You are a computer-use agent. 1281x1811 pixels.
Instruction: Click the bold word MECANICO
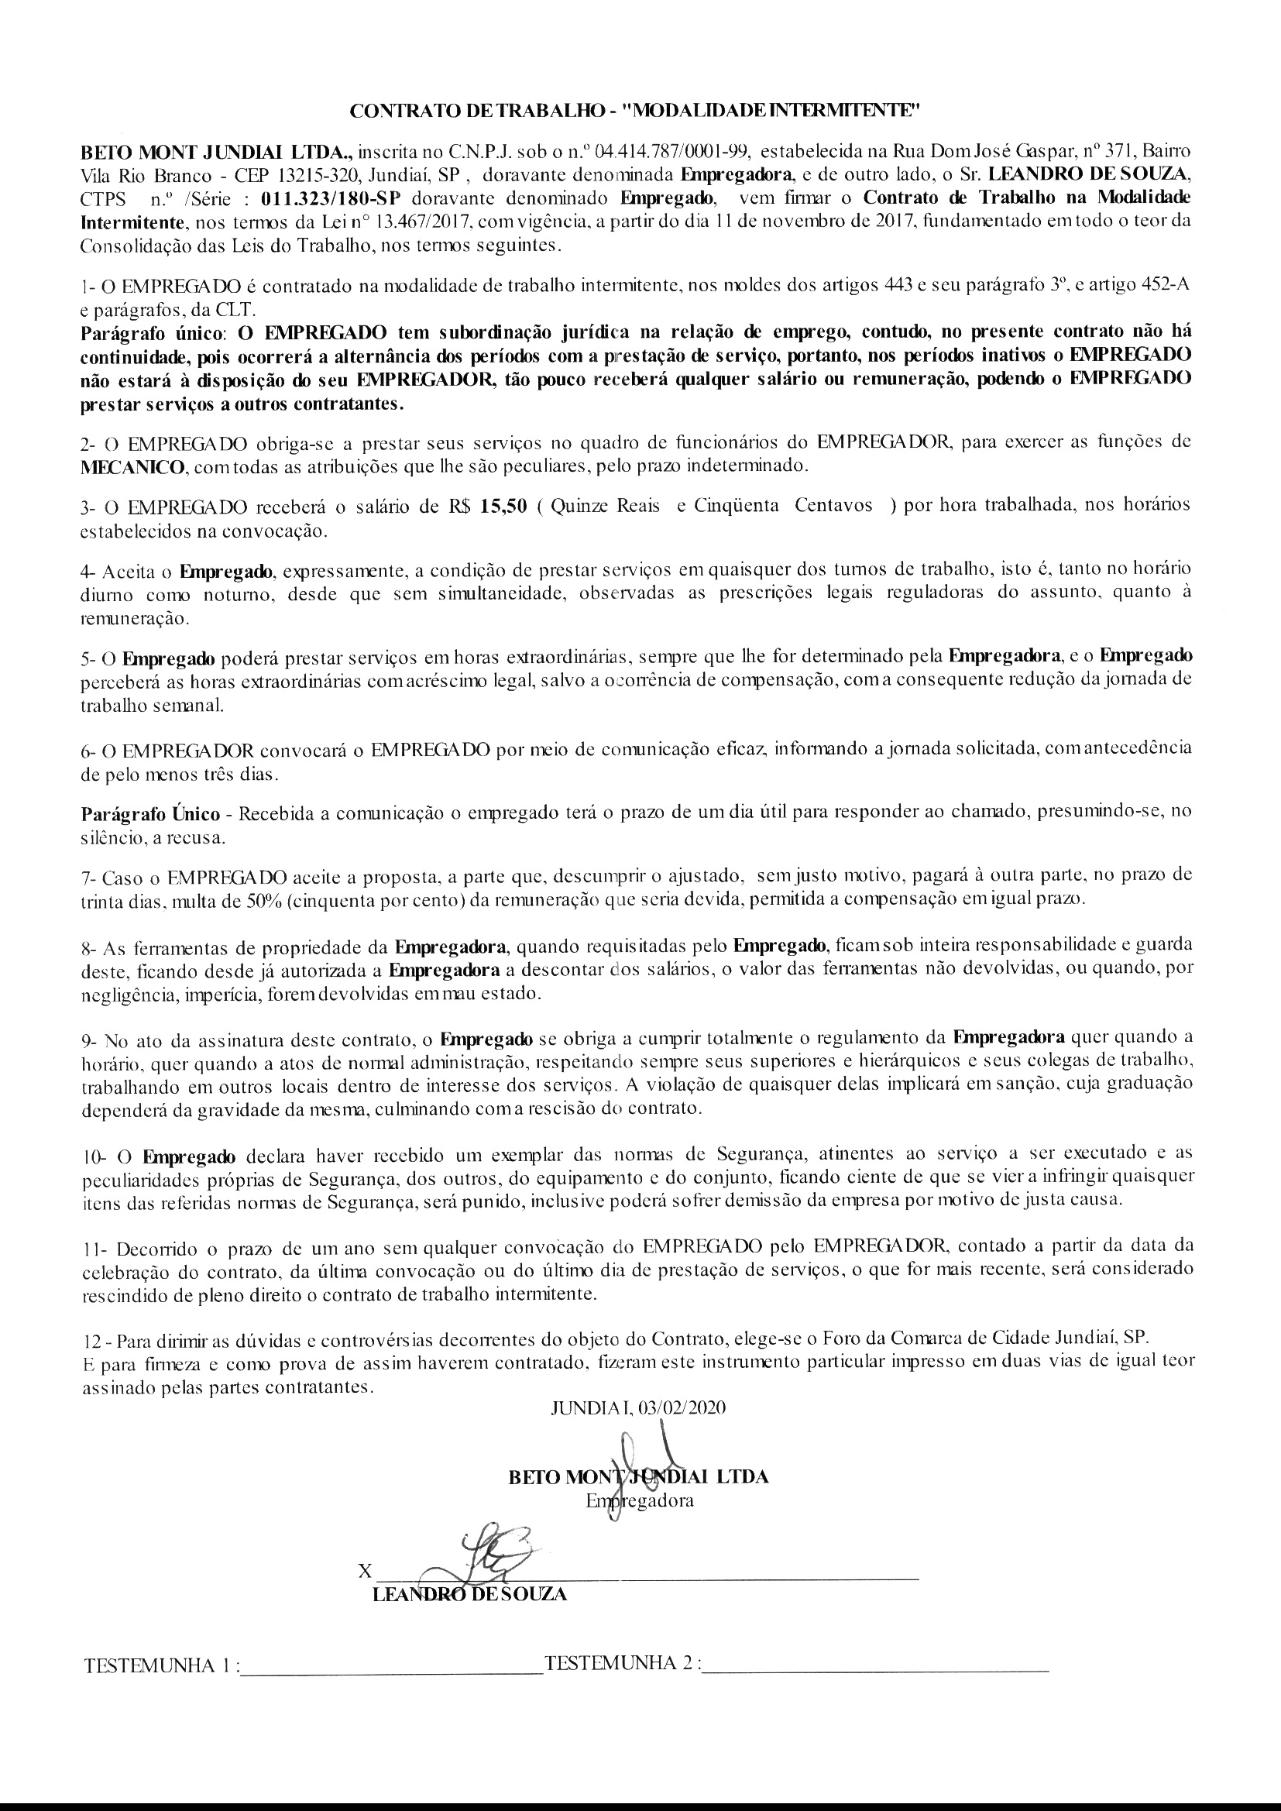[133, 466]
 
